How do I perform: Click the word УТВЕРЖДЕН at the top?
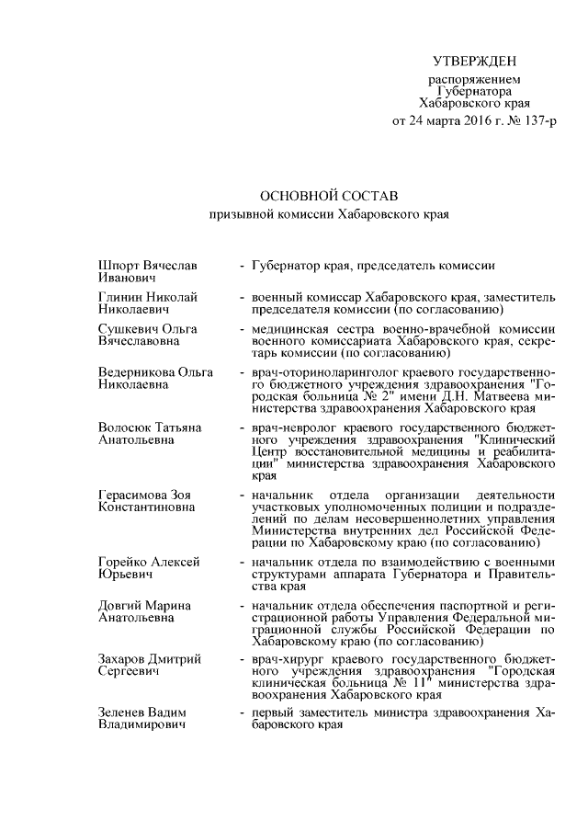(475, 62)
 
